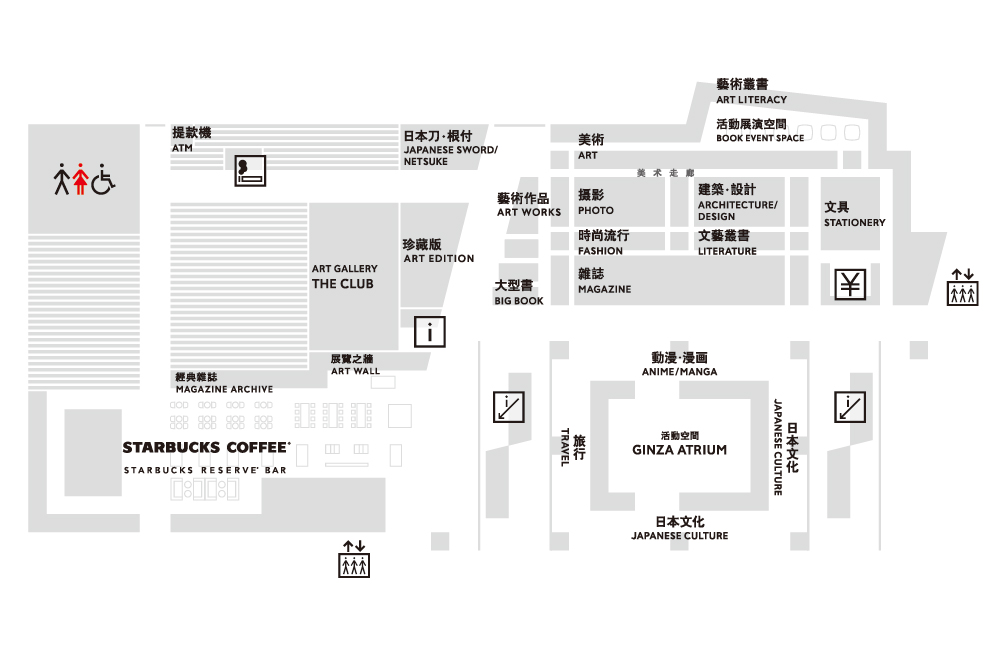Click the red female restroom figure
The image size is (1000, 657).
[x=80, y=179]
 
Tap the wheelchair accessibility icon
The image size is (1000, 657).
[x=103, y=179]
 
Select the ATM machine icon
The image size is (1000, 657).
[x=250, y=170]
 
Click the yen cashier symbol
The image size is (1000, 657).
[x=850, y=284]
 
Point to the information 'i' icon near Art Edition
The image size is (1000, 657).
[x=430, y=332]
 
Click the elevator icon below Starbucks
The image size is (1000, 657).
[x=354, y=559]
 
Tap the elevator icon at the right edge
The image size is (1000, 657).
[x=962, y=288]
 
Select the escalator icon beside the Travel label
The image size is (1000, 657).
[x=509, y=407]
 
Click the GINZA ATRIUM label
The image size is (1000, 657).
[x=679, y=450]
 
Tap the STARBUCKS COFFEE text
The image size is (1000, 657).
[x=206, y=447]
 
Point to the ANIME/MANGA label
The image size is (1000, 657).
[x=679, y=371]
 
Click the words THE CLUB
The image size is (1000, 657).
[x=342, y=284]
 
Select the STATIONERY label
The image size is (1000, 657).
[x=855, y=223]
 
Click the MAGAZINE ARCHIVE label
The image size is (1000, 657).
[x=224, y=389]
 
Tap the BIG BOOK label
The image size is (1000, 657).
[x=519, y=300]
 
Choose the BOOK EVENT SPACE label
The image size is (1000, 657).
[x=760, y=138]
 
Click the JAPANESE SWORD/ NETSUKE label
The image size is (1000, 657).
[x=450, y=156]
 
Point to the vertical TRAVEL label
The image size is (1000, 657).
[x=564, y=447]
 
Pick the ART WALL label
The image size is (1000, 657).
[x=355, y=371]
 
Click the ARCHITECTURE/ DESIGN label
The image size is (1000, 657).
[x=737, y=210]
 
